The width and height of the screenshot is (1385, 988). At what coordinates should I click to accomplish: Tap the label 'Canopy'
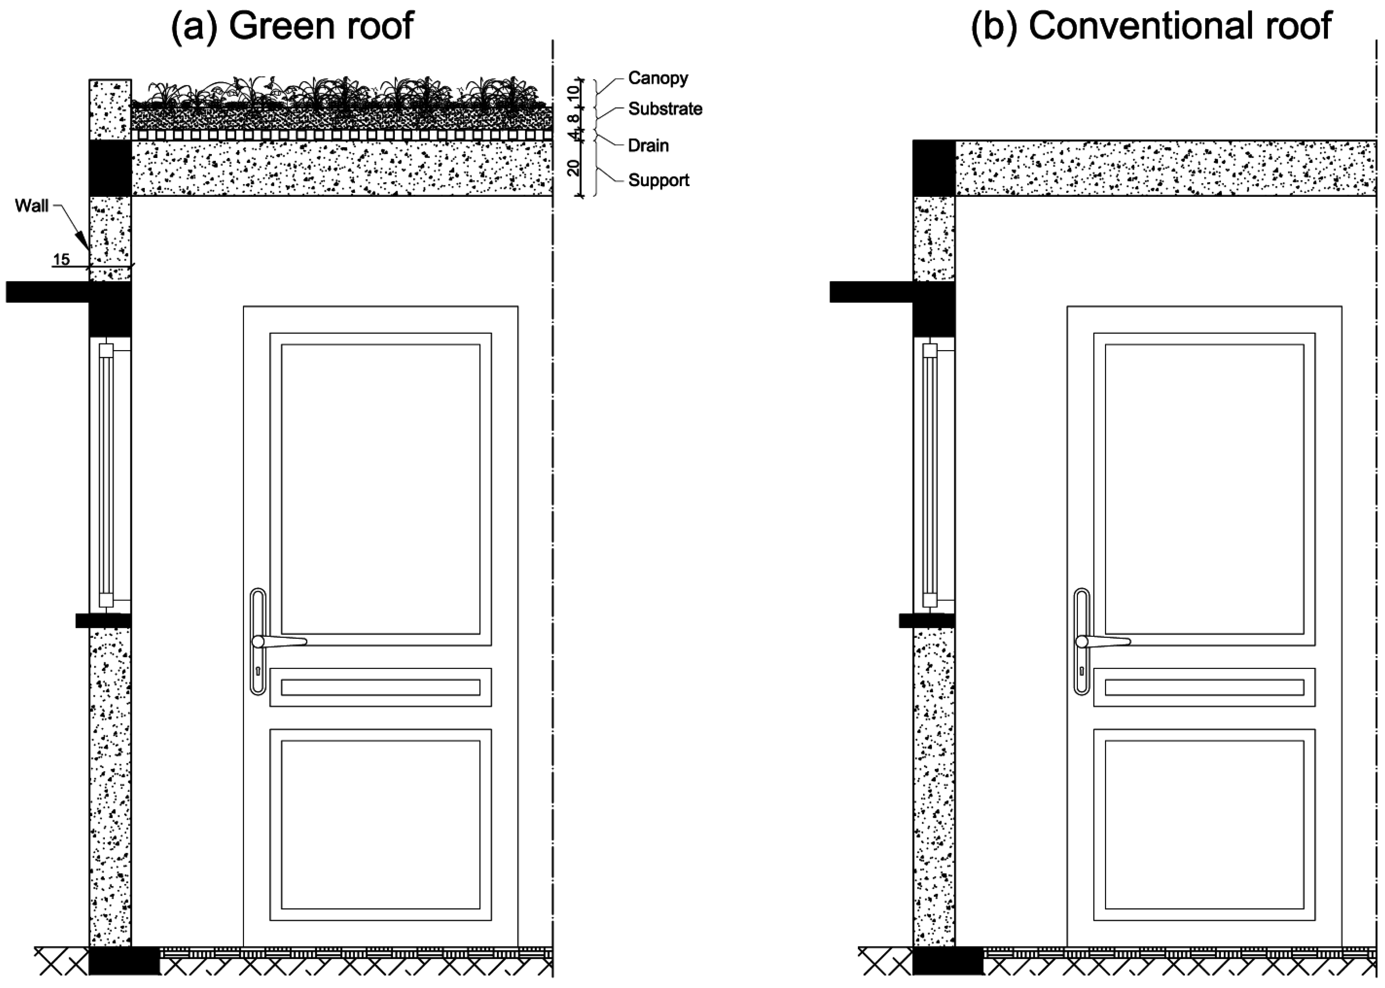click(658, 78)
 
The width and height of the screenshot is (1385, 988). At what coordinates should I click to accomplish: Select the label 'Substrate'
click(665, 109)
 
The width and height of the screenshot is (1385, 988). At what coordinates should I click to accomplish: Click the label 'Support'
click(658, 180)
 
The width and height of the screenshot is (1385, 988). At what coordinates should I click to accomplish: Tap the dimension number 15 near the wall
click(61, 260)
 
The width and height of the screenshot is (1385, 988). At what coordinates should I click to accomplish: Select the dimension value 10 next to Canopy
click(572, 92)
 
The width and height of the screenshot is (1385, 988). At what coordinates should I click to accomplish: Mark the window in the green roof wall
click(107, 475)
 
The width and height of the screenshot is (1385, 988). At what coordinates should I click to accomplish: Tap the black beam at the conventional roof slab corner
click(933, 168)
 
